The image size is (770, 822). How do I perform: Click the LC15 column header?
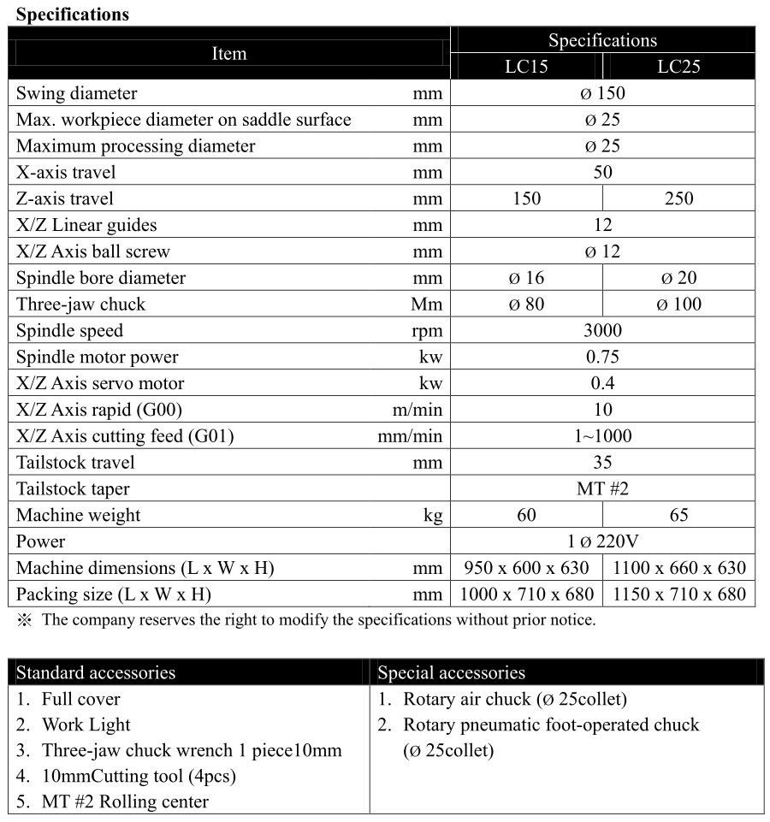tap(526, 67)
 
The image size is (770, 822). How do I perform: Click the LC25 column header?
tap(678, 67)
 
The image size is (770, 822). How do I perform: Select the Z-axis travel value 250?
tap(678, 198)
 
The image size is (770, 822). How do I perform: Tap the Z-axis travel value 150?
tap(526, 198)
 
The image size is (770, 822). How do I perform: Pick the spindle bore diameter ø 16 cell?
tap(526, 278)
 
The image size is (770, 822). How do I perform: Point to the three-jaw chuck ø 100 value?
tap(678, 305)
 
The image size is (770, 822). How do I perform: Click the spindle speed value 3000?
tap(602, 331)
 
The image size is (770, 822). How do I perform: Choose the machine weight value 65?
tap(678, 515)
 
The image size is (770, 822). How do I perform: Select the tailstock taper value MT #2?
tap(602, 489)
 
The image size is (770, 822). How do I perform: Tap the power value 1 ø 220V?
tap(602, 541)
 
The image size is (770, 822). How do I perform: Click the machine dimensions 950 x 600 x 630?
tap(526, 568)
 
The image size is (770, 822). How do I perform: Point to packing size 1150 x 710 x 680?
tap(678, 594)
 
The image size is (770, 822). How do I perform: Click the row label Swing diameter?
tap(76, 93)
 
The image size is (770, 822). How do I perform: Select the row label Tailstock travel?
tap(75, 463)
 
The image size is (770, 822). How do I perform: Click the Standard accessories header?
tap(96, 672)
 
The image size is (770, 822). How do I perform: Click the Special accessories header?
tap(451, 672)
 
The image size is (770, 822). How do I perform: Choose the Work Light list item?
tap(86, 724)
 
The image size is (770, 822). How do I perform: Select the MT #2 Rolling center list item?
tap(125, 801)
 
